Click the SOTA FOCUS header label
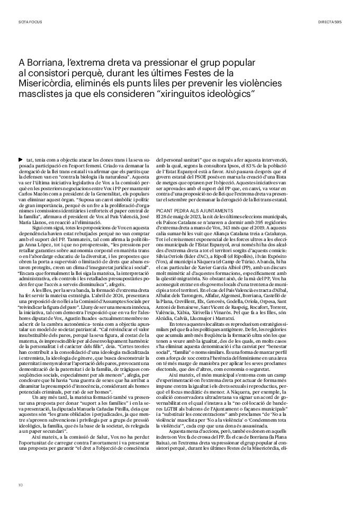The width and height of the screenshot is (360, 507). coord(30,23)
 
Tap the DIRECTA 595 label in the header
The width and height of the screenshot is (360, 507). coord(330,23)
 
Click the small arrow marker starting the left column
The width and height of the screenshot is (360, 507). coord(21,159)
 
